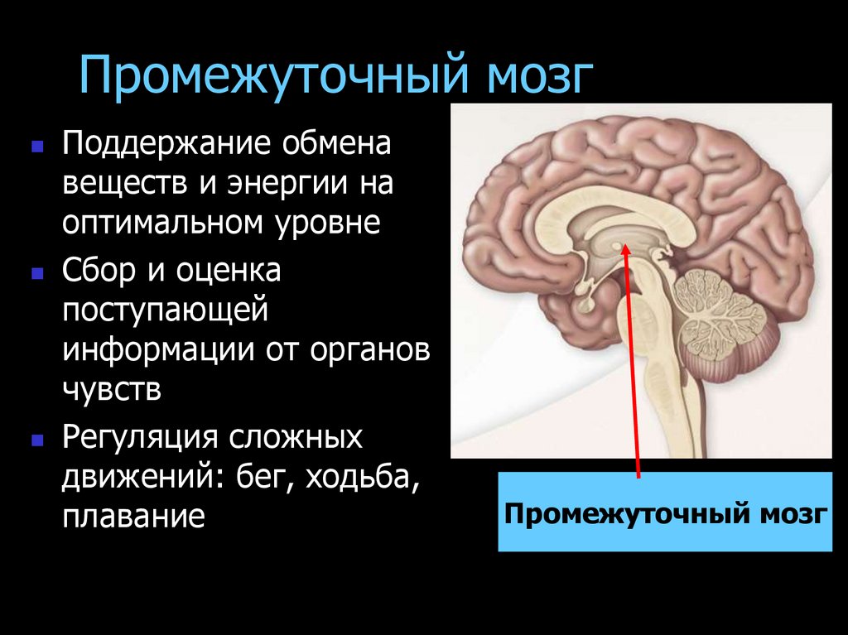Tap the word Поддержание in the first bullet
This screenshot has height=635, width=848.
click(x=166, y=147)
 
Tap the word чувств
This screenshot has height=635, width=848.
click(x=112, y=388)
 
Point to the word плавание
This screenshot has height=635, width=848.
click(x=132, y=517)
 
